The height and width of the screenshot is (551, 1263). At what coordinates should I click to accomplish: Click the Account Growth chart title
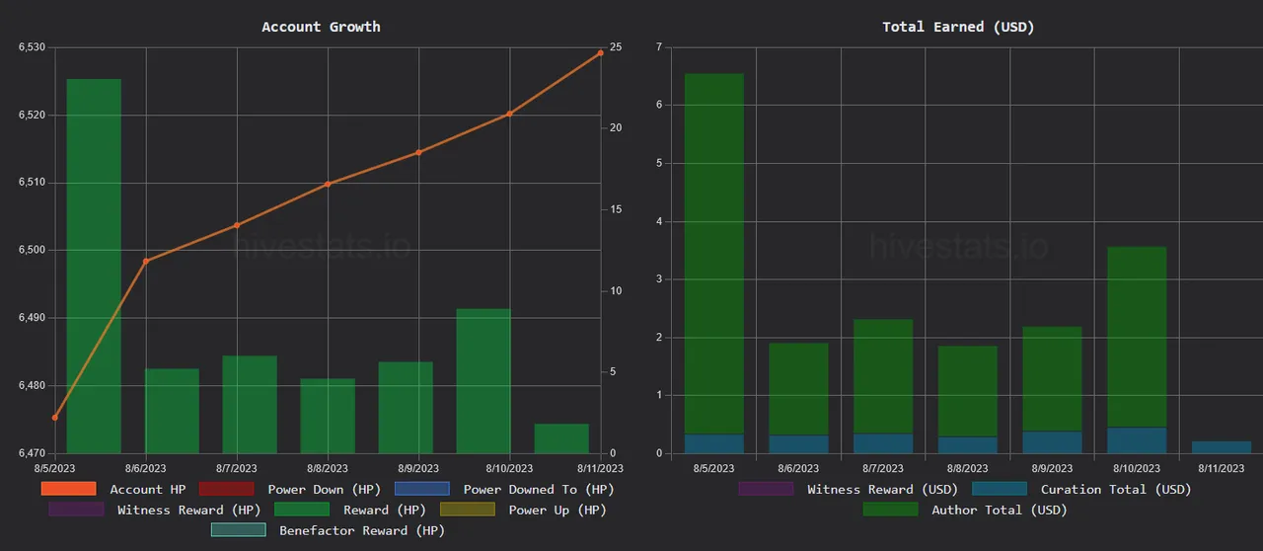(x=321, y=27)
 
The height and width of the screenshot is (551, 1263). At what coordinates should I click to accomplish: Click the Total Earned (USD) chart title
(x=958, y=27)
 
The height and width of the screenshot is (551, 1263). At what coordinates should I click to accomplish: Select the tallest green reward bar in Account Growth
(x=94, y=267)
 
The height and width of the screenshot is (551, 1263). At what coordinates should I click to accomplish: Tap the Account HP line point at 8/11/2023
(x=601, y=52)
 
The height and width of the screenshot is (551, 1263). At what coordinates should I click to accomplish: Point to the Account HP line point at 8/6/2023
(x=146, y=261)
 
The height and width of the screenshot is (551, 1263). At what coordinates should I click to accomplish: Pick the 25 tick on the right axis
(x=616, y=47)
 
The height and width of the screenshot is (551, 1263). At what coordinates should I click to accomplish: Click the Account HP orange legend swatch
(x=68, y=489)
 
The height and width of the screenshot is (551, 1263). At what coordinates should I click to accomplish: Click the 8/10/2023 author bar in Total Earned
(x=1137, y=336)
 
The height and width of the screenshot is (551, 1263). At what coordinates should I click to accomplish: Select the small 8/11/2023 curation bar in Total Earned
(x=1222, y=447)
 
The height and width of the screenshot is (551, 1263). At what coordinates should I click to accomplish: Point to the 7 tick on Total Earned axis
(x=658, y=47)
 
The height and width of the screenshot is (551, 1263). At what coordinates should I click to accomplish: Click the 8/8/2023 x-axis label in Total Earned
(x=967, y=468)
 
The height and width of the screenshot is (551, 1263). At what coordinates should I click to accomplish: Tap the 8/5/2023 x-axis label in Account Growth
(x=55, y=468)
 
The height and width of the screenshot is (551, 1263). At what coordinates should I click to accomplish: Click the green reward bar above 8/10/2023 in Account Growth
(x=483, y=381)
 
